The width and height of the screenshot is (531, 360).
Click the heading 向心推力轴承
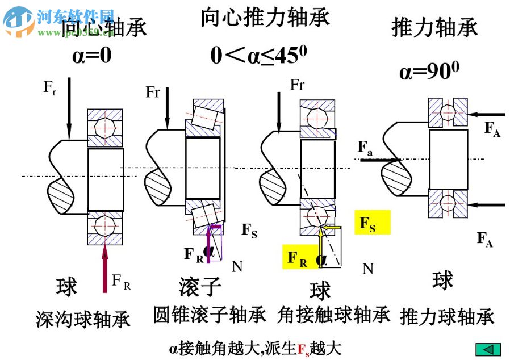(x=265, y=18)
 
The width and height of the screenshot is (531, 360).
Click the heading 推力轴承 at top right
(x=434, y=27)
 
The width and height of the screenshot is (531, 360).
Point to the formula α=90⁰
(x=429, y=72)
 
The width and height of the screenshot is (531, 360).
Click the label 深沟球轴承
(x=83, y=319)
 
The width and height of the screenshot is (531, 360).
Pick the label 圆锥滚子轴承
(x=210, y=315)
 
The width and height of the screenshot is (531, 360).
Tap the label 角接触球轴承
(x=334, y=315)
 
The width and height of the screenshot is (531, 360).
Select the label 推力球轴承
(x=447, y=317)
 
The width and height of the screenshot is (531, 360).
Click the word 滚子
(x=199, y=287)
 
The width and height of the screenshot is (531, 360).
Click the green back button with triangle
(x=488, y=349)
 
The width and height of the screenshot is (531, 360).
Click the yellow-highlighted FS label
(x=372, y=223)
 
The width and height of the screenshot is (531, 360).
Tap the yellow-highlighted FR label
(x=298, y=258)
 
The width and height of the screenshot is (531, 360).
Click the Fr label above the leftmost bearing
(x=49, y=87)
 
